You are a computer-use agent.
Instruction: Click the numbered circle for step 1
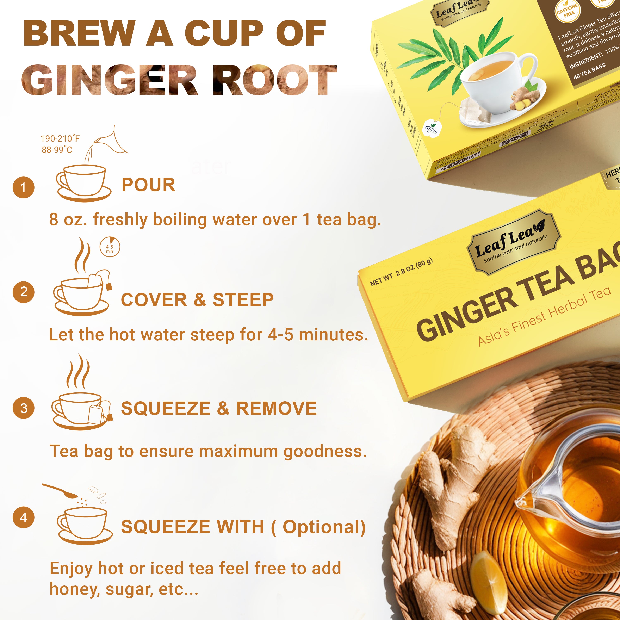tap(23, 187)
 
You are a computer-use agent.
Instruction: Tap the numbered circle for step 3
tap(23, 408)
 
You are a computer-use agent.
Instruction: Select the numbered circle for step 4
tap(23, 517)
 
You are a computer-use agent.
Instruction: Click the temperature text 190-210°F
tap(60, 139)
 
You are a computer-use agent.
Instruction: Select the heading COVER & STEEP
tap(197, 300)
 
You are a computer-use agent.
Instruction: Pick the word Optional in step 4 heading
tap(323, 527)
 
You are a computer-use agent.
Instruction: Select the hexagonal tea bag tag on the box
tap(433, 129)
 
